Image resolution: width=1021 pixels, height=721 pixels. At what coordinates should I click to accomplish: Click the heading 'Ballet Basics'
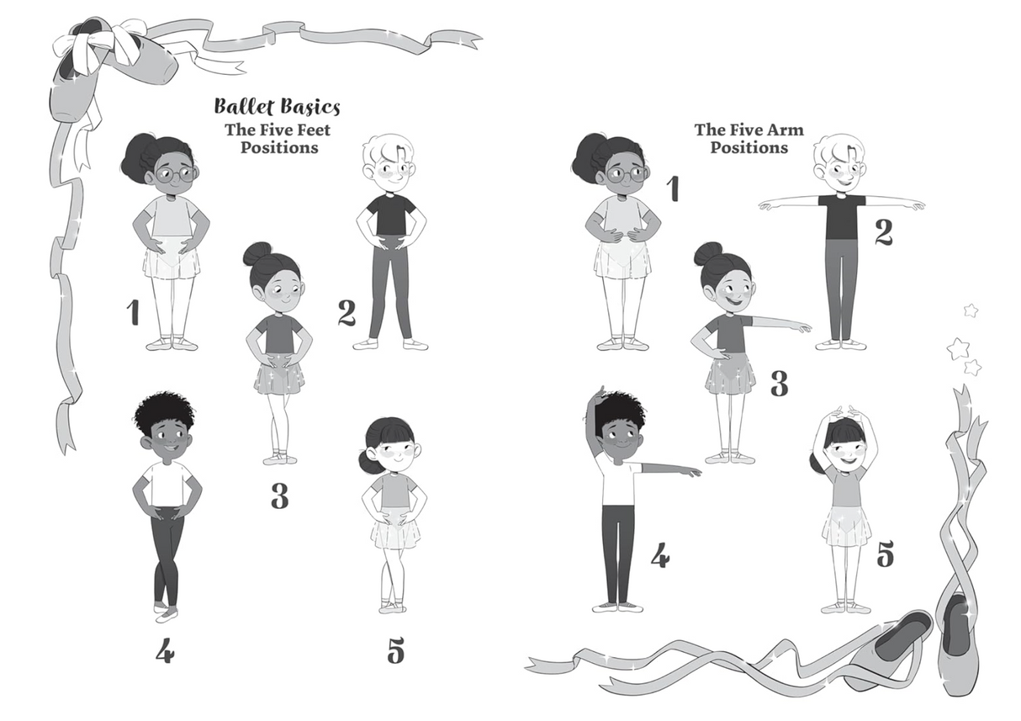(277, 107)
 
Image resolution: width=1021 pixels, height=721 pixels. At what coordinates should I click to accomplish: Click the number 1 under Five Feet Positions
(133, 312)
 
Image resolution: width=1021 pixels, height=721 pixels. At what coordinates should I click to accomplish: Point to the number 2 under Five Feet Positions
(347, 313)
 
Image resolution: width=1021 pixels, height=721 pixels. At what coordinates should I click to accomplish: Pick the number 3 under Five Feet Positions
(279, 496)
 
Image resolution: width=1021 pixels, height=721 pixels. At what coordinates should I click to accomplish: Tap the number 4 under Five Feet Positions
(164, 650)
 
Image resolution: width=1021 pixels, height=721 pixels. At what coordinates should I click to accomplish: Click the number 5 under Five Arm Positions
(885, 554)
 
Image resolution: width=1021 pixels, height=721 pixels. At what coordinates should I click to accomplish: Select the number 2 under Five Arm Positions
(883, 232)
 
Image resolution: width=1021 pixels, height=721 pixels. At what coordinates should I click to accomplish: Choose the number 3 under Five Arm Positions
(779, 384)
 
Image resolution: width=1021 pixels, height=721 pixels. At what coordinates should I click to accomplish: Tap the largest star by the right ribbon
(958, 347)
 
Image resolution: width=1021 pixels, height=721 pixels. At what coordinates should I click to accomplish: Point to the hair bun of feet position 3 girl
(257, 252)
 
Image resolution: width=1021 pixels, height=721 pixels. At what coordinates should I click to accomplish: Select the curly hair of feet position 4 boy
(165, 410)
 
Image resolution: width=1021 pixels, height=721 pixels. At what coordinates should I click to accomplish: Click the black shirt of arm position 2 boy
(841, 216)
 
